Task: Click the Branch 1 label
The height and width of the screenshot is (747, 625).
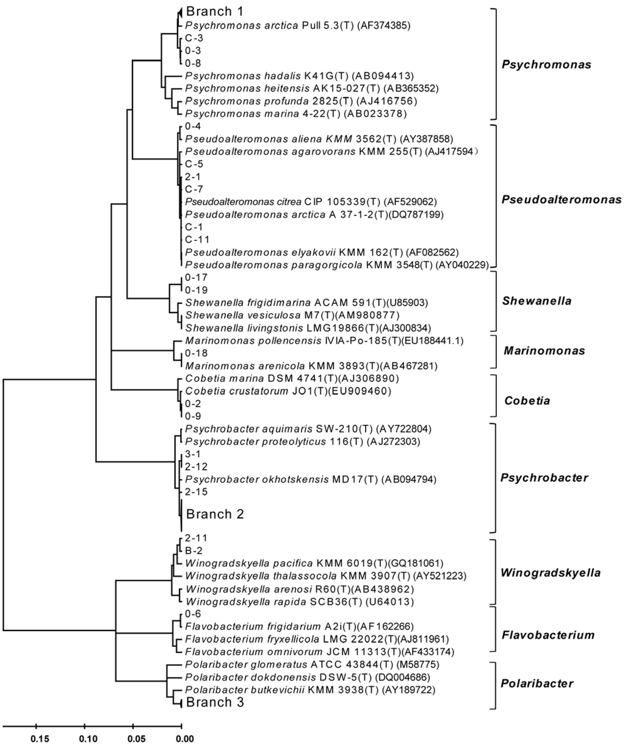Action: point(214,11)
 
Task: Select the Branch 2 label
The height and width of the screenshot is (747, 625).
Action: point(214,514)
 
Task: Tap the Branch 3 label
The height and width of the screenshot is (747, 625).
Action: point(214,702)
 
